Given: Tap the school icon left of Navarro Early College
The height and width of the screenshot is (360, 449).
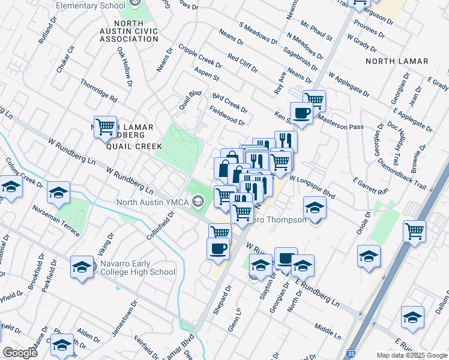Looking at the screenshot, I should (81, 267).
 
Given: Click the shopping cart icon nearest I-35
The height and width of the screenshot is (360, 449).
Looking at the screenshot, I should (414, 230).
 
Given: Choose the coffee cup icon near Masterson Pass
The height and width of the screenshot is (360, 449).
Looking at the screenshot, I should (301, 112).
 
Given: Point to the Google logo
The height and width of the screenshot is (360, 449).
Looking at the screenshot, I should (20, 353).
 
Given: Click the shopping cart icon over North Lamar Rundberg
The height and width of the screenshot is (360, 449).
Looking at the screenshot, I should (105, 127).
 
